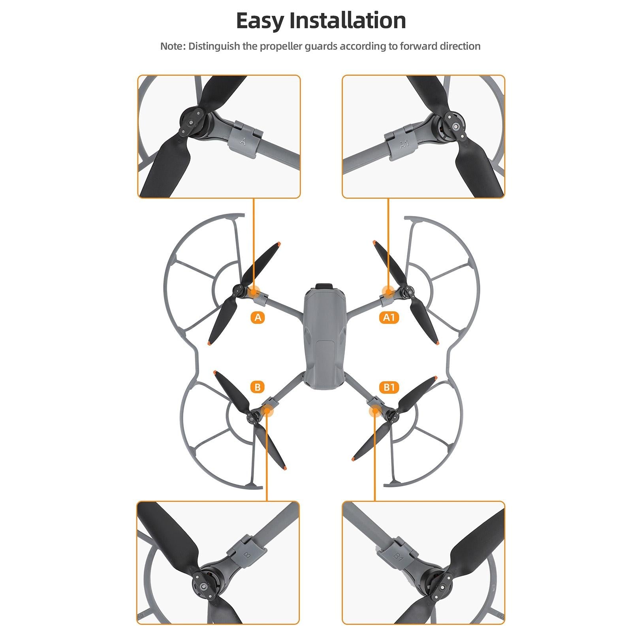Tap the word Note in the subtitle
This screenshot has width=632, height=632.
172,46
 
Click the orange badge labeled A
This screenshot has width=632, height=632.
258,317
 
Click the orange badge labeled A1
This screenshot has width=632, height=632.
389,317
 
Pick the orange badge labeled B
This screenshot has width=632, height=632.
258,387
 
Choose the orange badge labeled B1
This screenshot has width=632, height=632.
389,387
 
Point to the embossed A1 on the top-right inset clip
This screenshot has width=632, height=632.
404,144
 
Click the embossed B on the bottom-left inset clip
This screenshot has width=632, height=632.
248,555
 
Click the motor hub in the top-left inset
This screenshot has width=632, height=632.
192,118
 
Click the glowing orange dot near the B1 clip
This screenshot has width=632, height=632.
374,411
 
